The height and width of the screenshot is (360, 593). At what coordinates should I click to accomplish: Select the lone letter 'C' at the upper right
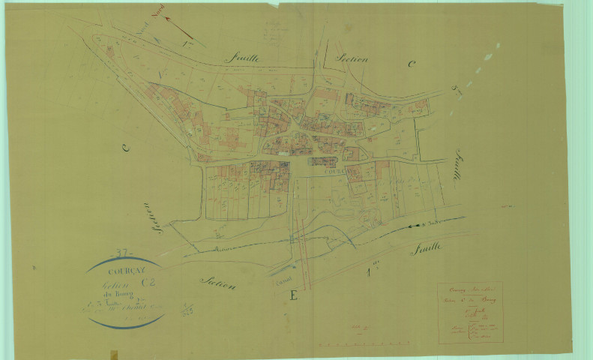tap(410, 64)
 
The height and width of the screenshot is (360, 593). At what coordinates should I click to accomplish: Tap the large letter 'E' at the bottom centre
tap(293, 295)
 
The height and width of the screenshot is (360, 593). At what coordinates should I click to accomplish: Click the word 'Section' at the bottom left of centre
tap(218, 281)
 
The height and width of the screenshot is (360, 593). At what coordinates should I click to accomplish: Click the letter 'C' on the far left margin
tap(125, 148)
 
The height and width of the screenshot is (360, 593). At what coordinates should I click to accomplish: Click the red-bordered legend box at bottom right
tap(470, 312)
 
